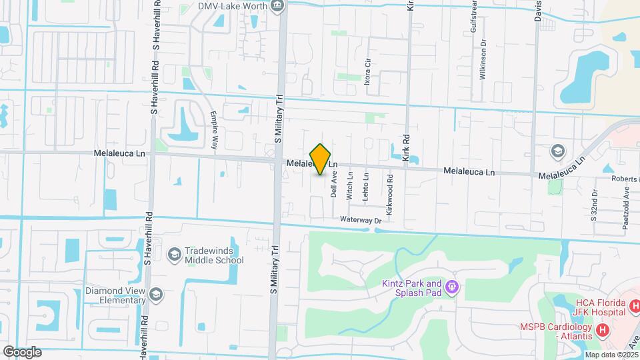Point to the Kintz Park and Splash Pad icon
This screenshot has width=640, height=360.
click(452, 287)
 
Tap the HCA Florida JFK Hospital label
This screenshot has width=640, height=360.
click(600, 308)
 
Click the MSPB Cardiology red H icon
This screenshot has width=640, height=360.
click(603, 329)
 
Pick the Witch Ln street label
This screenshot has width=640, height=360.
click(349, 185)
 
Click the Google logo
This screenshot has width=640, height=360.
click(22, 352)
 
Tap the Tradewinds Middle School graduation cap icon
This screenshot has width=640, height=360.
click(174, 254)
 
